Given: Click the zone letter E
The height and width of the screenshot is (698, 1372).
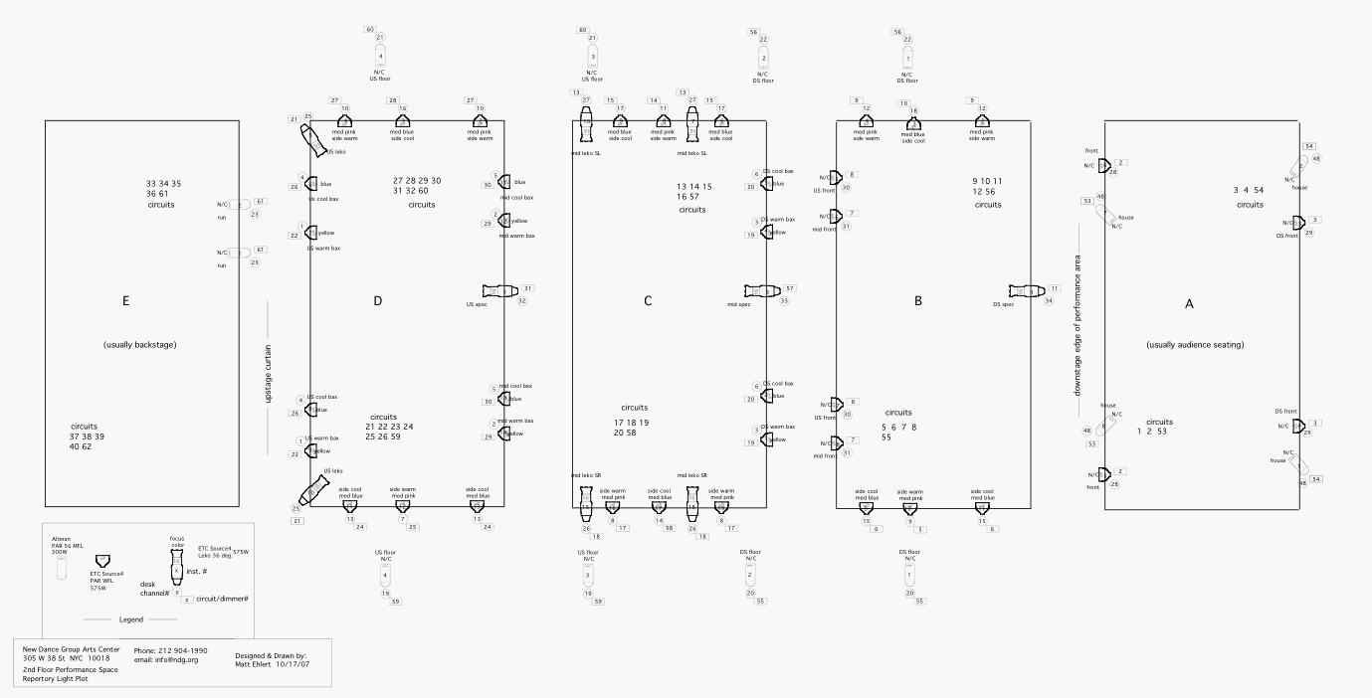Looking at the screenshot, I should (x=125, y=300).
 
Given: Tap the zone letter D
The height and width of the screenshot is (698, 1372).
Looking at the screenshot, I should (x=378, y=300).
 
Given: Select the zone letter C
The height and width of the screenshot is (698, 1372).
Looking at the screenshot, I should (x=648, y=300).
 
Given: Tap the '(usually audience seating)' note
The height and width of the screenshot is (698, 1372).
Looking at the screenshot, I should (x=1195, y=345).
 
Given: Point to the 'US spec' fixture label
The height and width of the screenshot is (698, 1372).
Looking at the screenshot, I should (x=477, y=304).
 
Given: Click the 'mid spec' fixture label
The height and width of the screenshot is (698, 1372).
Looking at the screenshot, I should (x=737, y=304).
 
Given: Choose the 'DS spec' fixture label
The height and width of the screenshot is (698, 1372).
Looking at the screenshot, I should (x=1003, y=304).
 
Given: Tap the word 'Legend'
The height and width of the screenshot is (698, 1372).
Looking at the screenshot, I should (x=130, y=619).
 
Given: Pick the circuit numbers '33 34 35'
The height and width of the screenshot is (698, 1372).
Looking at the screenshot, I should (x=163, y=183).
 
